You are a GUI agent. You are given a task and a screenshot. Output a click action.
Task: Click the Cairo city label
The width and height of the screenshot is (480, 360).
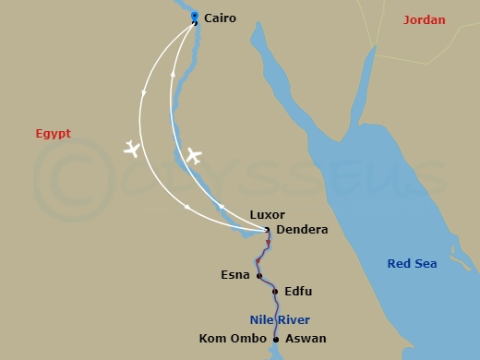(220, 18)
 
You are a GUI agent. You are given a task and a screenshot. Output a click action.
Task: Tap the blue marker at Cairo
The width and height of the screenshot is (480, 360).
(194, 16)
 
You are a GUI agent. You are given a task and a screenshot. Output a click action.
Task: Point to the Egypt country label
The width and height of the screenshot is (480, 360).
(53, 133)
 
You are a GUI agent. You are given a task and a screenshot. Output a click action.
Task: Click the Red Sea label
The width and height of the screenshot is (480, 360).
(412, 264)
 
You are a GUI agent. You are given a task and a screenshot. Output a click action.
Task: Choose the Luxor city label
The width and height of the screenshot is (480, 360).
(268, 215)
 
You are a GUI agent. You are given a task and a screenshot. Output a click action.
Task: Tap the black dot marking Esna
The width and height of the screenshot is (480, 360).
(259, 275)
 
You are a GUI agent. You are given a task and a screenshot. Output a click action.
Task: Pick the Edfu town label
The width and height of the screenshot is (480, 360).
(298, 292)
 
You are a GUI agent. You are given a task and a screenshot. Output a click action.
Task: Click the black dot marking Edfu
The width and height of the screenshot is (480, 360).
(275, 292)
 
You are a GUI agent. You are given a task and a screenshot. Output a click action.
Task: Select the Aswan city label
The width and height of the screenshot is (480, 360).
(306, 339)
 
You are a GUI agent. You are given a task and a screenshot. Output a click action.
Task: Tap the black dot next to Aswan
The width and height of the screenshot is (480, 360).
(276, 339)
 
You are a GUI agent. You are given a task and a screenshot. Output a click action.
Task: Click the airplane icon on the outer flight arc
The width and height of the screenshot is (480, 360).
(133, 148)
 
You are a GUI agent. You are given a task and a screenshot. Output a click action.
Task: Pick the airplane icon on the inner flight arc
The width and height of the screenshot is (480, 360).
(193, 155)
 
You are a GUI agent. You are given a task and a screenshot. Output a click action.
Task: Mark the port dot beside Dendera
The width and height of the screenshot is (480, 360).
(267, 230)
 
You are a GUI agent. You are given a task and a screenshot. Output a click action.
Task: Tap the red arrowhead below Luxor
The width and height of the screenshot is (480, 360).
(269, 244)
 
